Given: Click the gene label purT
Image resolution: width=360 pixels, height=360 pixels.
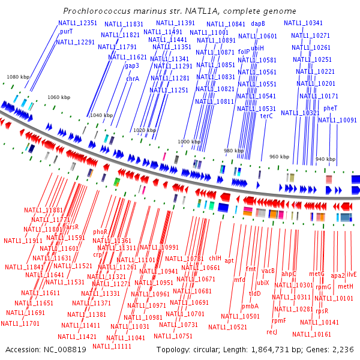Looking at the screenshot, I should pyautogui.click(x=66, y=32).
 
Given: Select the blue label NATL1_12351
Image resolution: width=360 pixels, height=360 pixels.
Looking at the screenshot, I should pyautogui.click(x=77, y=23).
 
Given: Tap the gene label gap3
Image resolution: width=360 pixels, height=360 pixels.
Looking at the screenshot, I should pyautogui.click(x=132, y=66).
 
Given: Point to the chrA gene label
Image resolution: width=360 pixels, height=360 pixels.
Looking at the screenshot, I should pyautogui.click(x=133, y=79).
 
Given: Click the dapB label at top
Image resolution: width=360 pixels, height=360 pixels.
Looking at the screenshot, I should pyautogui.click(x=258, y=23).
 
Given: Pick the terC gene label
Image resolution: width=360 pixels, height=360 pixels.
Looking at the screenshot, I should pyautogui.click(x=266, y=116).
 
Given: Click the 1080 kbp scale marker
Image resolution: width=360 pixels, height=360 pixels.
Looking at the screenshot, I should pyautogui.click(x=17, y=77).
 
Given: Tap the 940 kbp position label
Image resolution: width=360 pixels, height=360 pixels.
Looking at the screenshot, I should pyautogui.click(x=325, y=159).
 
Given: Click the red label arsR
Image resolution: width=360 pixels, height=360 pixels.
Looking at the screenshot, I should pyautogui.click(x=72, y=227).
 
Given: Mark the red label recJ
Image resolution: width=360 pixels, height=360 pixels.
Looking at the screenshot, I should pyautogui.click(x=272, y=332).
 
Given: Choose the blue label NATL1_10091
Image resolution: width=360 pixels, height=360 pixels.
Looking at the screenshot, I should pyautogui.click(x=337, y=120).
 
